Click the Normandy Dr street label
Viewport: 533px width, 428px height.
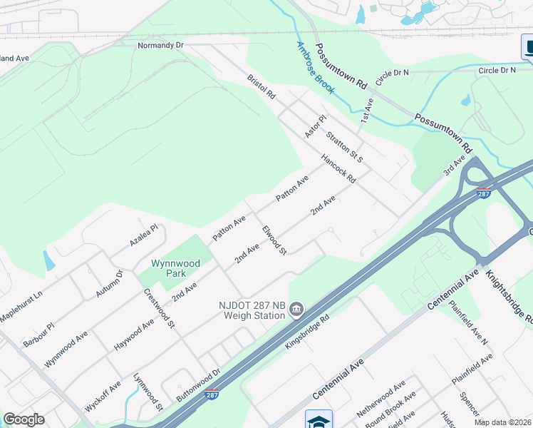tap(160, 45)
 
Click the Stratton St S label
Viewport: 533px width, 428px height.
tap(345, 146)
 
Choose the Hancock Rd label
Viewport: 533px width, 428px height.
tap(338, 169)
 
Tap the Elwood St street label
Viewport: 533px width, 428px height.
tap(274, 240)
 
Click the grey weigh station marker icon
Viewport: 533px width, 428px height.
tap(297, 309)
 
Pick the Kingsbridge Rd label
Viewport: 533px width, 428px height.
tap(306, 334)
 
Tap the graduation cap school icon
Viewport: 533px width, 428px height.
tap(319, 420)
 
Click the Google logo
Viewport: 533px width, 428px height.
tap(24, 419)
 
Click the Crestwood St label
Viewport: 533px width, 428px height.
tap(160, 307)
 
